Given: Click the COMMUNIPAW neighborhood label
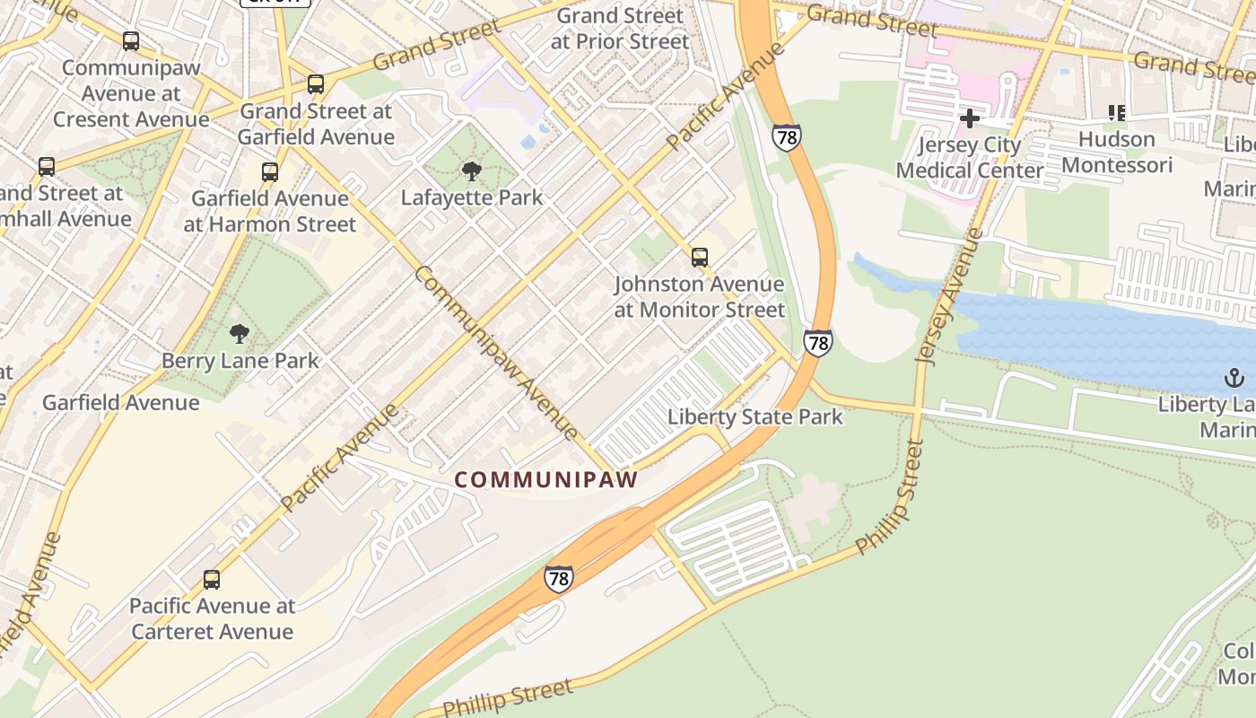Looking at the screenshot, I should point(545,479).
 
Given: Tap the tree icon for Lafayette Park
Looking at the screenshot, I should point(471,171).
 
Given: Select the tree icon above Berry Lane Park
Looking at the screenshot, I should point(239,335).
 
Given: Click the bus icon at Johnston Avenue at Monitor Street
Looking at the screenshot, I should point(700,258).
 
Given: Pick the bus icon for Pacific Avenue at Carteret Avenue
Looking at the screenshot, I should point(212,580).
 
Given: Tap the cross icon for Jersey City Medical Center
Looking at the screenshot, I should point(969,118).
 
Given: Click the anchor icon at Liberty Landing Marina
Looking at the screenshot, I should point(1234,378).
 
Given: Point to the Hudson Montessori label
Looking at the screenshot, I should point(1116,153).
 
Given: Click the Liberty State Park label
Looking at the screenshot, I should point(755,416).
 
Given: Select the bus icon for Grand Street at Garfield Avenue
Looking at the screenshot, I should point(316,85).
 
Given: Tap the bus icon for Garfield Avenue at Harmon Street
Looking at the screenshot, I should point(270,172).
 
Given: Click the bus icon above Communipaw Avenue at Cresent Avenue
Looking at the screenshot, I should point(131,41).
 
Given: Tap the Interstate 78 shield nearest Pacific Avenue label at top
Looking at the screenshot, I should point(786,137).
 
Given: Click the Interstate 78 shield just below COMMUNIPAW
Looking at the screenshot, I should point(558,578).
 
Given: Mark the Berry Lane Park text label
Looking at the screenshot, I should point(240,361).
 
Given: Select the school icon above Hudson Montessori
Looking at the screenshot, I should point(1116,113).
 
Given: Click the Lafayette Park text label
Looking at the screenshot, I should point(472,197).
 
